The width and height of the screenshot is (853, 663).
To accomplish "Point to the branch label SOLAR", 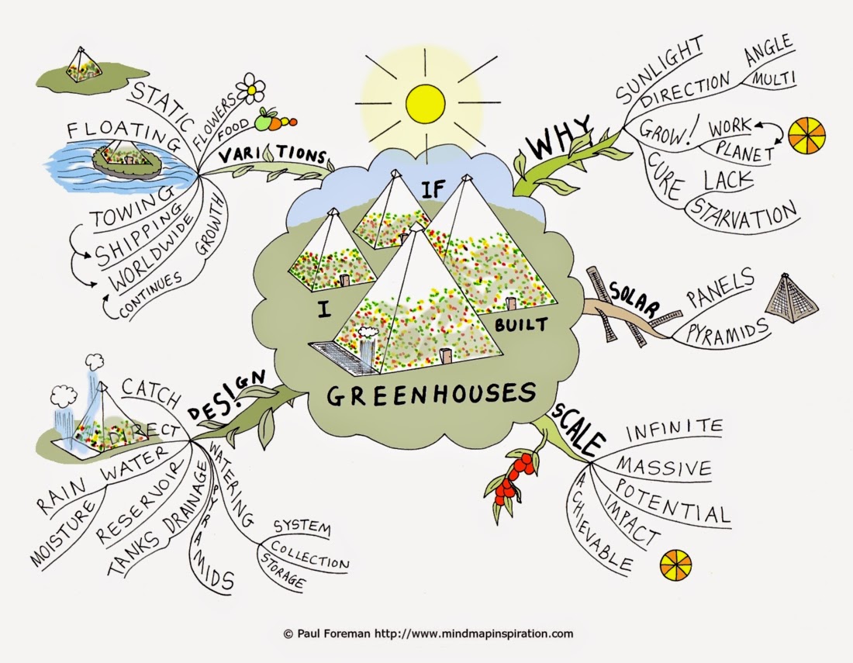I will coord(633,299).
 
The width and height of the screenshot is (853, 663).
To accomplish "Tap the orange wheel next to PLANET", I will coord(806,133).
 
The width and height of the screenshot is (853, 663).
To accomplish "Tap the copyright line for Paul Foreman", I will coord(429,634).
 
